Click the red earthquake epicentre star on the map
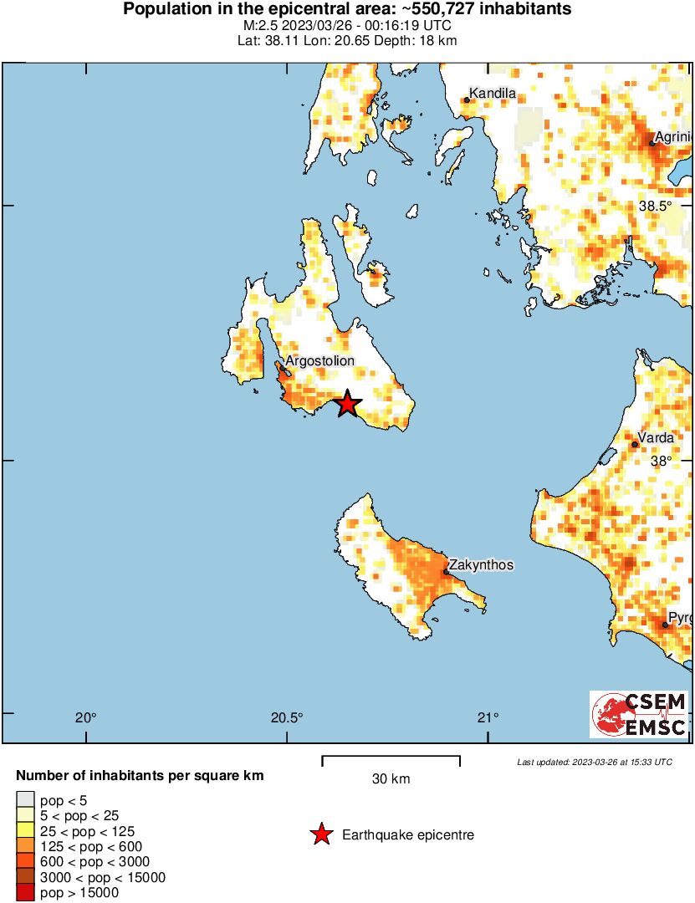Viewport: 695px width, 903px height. point(347,404)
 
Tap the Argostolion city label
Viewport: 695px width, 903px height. point(319,361)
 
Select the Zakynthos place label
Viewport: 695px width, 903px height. point(481,565)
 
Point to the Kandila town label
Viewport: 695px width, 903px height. point(493,93)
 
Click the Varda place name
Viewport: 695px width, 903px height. point(655,437)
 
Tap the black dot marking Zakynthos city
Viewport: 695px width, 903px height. point(446,572)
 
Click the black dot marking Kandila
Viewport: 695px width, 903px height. point(468,100)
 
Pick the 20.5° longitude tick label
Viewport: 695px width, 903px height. point(287,717)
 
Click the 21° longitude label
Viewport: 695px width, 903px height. point(488,717)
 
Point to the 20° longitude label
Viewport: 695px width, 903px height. point(85,717)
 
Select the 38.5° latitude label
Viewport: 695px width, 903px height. point(656,206)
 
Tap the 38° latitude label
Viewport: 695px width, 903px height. point(662,461)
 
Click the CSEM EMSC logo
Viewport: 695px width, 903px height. point(639,714)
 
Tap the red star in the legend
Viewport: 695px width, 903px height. point(320,834)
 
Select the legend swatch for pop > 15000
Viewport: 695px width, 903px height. point(26,893)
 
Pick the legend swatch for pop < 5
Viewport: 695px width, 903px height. point(26,801)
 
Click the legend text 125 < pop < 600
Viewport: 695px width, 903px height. point(91,846)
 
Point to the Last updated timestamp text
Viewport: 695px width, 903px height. point(594,762)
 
